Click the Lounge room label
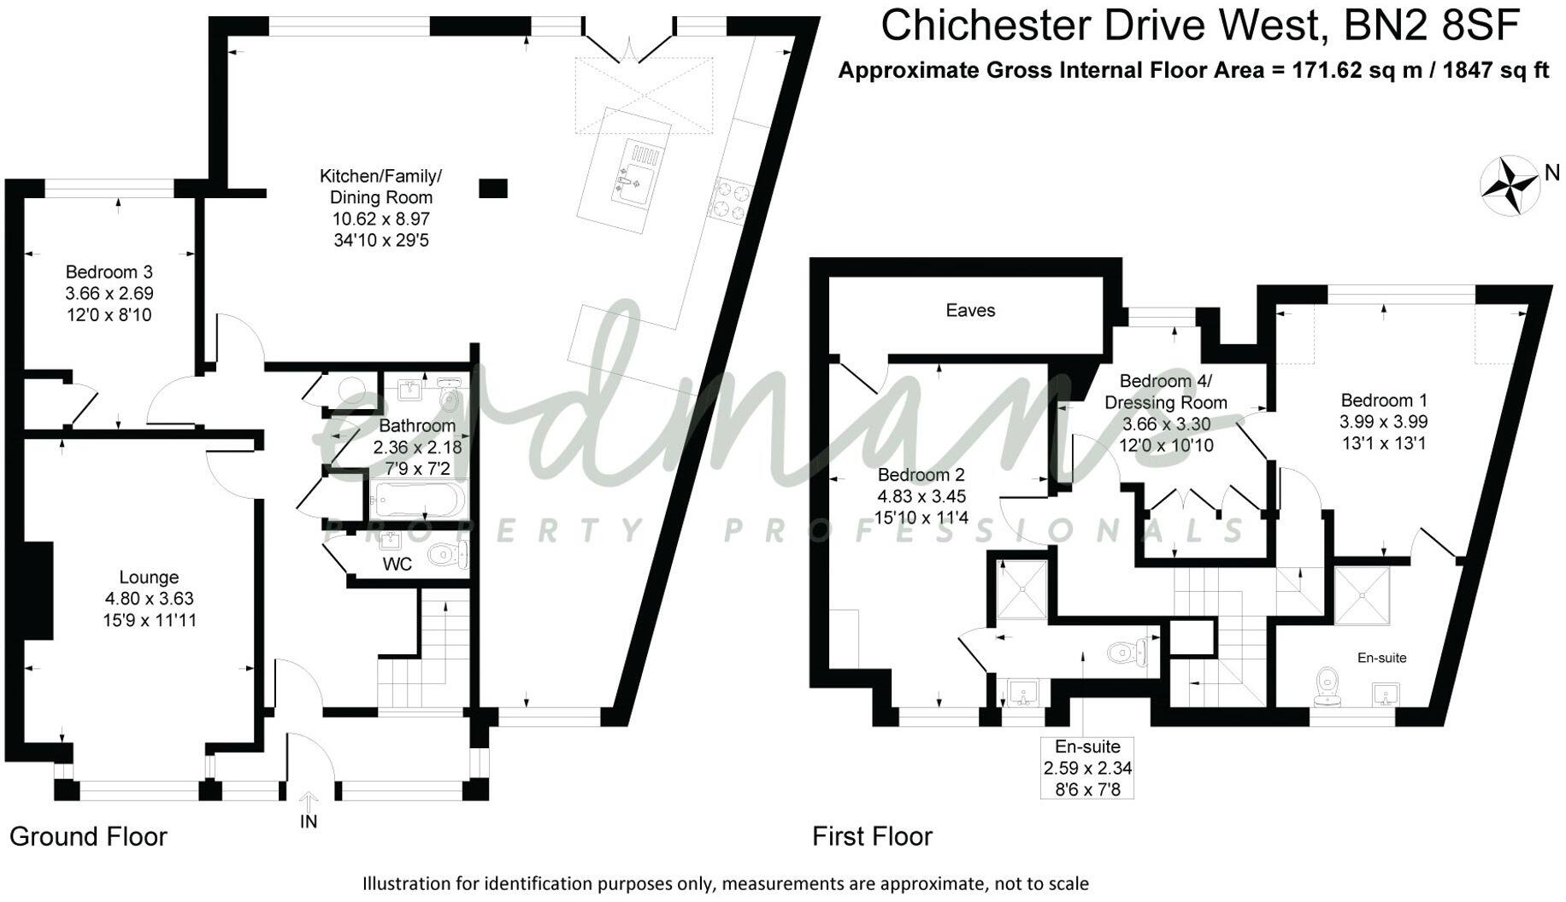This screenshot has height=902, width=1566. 149,577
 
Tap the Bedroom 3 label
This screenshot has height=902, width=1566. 109,272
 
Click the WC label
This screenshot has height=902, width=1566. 397,564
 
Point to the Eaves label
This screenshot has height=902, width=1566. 970,310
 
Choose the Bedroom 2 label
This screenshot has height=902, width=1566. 921,475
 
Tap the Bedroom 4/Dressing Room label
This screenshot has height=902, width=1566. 1166,391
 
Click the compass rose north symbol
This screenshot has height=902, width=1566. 1510,185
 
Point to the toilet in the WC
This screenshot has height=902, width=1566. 447,555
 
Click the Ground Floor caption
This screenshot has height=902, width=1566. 88,836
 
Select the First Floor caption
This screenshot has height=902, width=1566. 872,836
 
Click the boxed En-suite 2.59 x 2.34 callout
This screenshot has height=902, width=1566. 1087,768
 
